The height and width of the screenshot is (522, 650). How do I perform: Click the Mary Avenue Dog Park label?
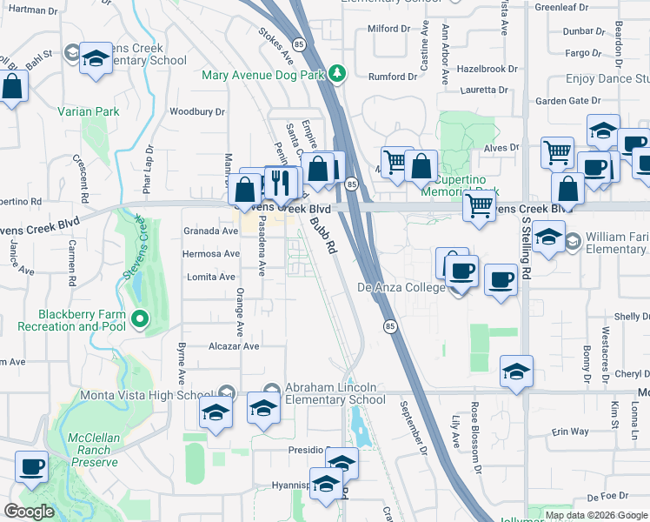pyautogui.click(x=263, y=75)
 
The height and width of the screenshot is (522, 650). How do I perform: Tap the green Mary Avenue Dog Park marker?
pyautogui.click(x=342, y=75)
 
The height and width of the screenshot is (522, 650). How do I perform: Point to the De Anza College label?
pyautogui.click(x=401, y=287)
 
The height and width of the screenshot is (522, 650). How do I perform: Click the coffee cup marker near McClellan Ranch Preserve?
pyautogui.click(x=32, y=466)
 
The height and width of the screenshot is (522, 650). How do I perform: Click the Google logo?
pyautogui.click(x=29, y=512)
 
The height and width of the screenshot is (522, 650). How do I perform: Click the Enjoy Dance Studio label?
pyautogui.click(x=607, y=79)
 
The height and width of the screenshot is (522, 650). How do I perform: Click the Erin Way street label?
pyautogui.click(x=569, y=432)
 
